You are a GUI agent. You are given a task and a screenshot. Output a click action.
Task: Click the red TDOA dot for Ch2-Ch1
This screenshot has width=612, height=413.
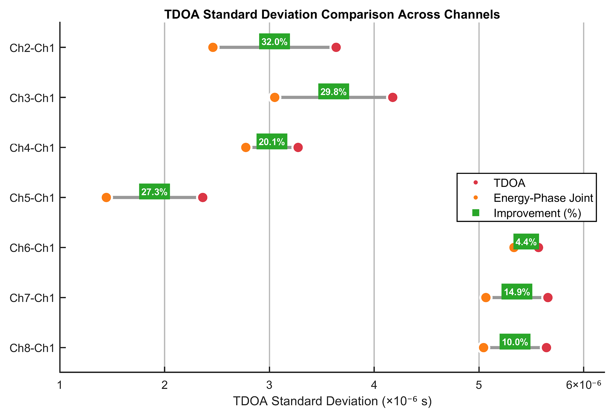[336, 47]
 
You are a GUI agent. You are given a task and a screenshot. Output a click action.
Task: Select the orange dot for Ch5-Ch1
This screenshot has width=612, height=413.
[106, 197]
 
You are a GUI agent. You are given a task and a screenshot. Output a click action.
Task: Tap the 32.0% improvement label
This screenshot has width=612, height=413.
[274, 42]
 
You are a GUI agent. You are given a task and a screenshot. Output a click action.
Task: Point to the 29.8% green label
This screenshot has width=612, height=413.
[333, 91]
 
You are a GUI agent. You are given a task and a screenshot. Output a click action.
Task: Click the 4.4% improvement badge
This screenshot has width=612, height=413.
[526, 241]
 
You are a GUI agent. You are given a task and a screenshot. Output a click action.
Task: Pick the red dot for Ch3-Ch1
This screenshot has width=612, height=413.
[393, 97]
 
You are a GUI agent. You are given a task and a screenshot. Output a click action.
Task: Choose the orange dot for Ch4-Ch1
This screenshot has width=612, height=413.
[246, 147]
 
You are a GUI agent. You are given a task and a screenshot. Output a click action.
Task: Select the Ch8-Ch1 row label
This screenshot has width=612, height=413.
[32, 348]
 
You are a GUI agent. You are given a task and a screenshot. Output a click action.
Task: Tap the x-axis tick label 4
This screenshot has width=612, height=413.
[374, 385]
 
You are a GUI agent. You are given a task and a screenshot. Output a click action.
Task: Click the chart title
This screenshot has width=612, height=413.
[332, 14]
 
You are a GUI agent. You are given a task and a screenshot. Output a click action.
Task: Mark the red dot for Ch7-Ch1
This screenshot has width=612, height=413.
[548, 298]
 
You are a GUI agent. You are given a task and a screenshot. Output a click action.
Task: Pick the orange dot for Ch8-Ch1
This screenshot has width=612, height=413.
[483, 348]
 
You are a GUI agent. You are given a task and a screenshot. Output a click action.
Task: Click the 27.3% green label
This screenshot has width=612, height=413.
[154, 192]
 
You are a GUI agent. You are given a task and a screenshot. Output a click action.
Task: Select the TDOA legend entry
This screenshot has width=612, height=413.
[509, 183]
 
